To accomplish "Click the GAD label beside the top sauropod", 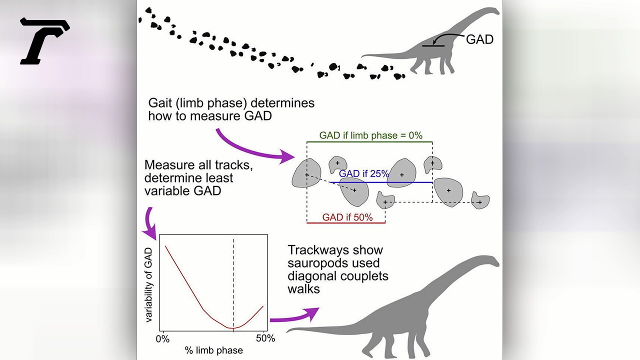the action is point(479,39).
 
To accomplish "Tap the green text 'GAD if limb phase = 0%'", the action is point(370,135).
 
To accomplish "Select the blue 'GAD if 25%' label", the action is point(363,173).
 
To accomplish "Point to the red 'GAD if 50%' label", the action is point(347,217).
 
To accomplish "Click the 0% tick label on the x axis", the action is point(162,339).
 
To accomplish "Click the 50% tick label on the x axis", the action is point(265,338).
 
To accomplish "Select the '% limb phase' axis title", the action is point(213,350).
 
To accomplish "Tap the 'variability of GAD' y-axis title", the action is point(148,285).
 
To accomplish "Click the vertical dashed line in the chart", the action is point(233,285).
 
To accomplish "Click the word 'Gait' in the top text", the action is point(160,103).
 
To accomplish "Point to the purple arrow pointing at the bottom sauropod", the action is point(295,316).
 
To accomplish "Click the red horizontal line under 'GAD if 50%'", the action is point(345,223).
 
